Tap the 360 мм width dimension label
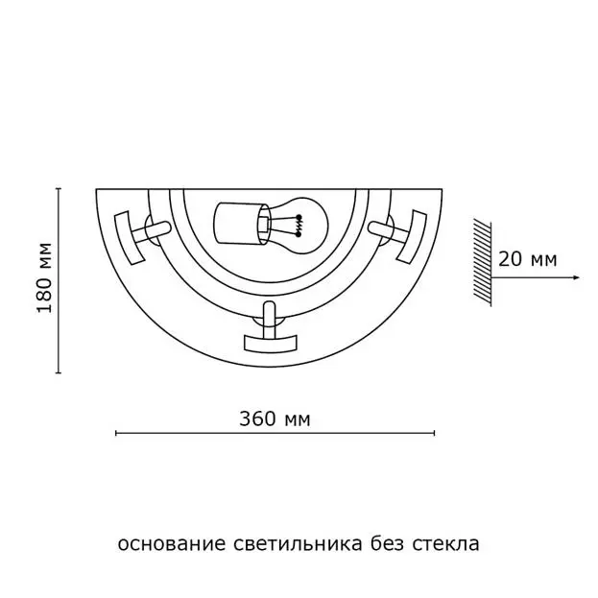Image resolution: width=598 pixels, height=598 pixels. coord(275,419)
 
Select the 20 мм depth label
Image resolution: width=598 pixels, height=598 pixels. coord(527,260)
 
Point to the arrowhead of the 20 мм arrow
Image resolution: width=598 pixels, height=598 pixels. coord(576,277)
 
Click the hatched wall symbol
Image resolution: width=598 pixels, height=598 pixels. coord(482,262)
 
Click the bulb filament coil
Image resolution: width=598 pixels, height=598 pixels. coord(299,226)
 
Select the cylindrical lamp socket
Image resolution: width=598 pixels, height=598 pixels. coord(241,223)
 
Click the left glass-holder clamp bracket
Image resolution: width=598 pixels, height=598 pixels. coord(130,238)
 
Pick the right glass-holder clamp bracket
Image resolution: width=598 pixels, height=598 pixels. coord(412,236)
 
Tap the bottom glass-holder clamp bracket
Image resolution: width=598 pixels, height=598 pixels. coord(270,343)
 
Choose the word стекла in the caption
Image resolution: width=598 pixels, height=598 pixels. coord(445,544)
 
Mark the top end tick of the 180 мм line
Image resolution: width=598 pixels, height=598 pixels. coord(59,189)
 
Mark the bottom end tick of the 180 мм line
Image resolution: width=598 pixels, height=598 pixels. coord(59,372)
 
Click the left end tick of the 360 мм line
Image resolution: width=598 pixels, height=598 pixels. coord(116,433)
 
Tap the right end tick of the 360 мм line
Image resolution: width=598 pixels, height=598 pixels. coord(435,433)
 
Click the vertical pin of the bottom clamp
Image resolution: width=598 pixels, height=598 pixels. coord(270,319)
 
